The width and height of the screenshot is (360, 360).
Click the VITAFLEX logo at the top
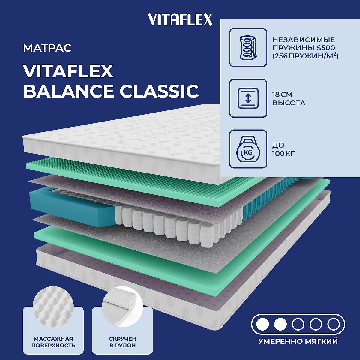point(180,19)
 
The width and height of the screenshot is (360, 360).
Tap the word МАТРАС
point(47,48)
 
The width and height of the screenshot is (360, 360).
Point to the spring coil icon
point(248,47)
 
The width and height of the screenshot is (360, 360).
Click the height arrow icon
point(248,98)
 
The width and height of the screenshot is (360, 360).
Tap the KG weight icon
point(248,149)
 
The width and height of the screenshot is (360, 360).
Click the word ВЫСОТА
point(289,103)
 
